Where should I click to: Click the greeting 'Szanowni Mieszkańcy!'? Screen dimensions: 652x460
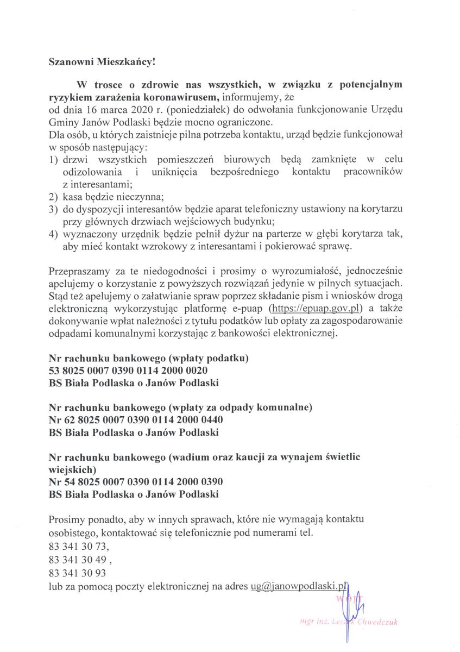(102, 62)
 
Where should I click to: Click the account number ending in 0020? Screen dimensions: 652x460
(128, 371)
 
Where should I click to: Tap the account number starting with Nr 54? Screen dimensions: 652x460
(136, 482)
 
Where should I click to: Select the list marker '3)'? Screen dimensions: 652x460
(53, 209)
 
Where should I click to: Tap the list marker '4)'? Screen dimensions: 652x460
(53, 234)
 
